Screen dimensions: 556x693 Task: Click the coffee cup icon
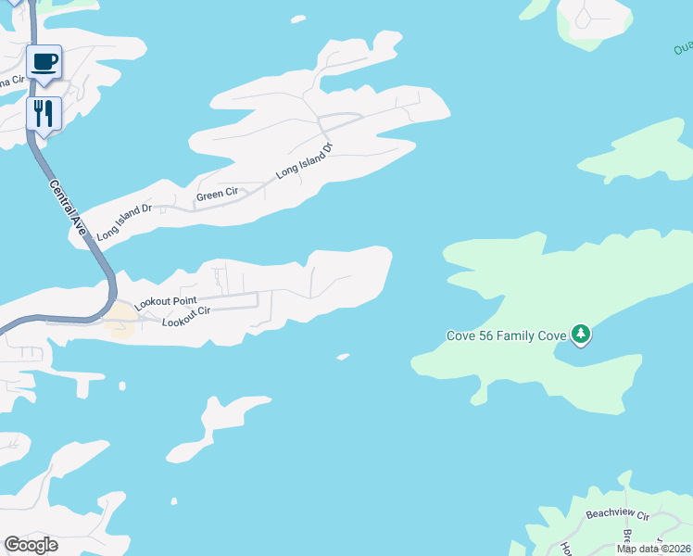pyautogui.click(x=44, y=62)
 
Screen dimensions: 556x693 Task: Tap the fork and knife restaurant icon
pyautogui.click(x=44, y=114)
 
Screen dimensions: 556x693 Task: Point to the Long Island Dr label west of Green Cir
pyautogui.click(x=123, y=223)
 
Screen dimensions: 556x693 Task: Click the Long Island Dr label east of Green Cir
pyautogui.click(x=303, y=161)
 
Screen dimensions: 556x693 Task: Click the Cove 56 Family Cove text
pyautogui.click(x=506, y=335)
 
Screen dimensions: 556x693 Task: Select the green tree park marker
pyautogui.click(x=581, y=334)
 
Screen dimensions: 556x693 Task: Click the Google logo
pyautogui.click(x=31, y=545)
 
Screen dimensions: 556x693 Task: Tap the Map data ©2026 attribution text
pyautogui.click(x=653, y=549)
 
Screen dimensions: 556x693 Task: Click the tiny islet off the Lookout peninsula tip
pyautogui.click(x=343, y=355)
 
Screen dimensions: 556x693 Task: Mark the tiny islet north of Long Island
pyautogui.click(x=297, y=19)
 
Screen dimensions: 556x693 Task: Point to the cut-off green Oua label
pyautogui.click(x=683, y=45)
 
